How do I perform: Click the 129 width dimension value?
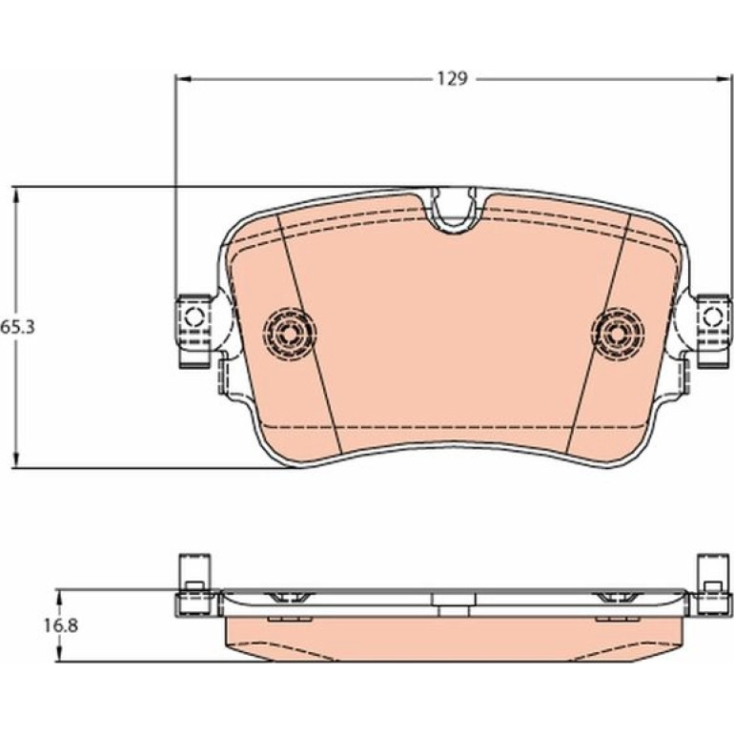click(x=452, y=78)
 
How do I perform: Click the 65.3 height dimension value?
click(x=17, y=327)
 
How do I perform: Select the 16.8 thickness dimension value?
click(x=61, y=625)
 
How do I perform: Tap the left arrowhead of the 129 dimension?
click(x=183, y=79)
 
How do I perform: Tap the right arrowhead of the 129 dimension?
click(x=724, y=79)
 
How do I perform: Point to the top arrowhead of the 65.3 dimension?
click(x=17, y=194)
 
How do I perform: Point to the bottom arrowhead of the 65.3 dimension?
click(x=17, y=459)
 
